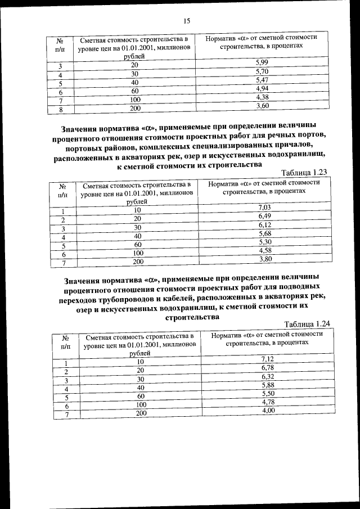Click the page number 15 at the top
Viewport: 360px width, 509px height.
pyautogui.click(x=187, y=21)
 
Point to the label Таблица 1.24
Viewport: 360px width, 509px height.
pyautogui.click(x=307, y=324)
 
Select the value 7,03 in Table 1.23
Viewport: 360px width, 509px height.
pyautogui.click(x=265, y=208)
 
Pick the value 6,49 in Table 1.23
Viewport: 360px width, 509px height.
pyautogui.click(x=265, y=216)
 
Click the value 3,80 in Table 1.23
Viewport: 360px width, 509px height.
pyautogui.click(x=265, y=259)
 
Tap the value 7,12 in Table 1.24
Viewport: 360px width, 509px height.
pyautogui.click(x=268, y=359)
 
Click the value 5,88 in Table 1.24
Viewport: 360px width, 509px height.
pyautogui.click(x=268, y=385)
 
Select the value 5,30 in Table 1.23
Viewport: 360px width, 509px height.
pyautogui.click(x=265, y=242)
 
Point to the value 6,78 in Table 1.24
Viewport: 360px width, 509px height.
pyautogui.click(x=268, y=367)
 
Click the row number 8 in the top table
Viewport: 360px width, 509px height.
pyautogui.click(x=60, y=110)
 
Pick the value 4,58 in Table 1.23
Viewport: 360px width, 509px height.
pyautogui.click(x=265, y=250)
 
